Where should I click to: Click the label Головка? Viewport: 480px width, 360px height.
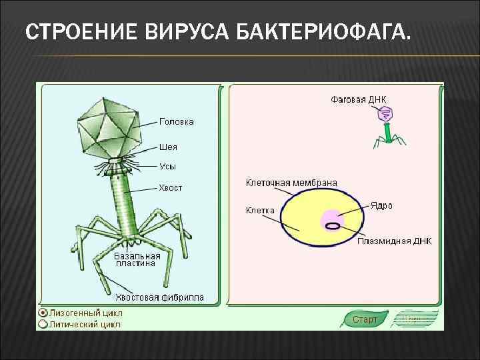[177, 122]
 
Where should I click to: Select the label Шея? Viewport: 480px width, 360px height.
[168, 147]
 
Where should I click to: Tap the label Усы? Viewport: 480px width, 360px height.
[167, 166]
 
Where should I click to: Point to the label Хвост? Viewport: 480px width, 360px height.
[170, 188]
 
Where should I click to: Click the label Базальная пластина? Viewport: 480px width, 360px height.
[137, 259]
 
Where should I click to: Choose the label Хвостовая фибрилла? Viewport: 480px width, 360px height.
[160, 297]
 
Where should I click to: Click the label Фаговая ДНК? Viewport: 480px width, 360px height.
[359, 99]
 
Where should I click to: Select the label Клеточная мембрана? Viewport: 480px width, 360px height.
[291, 183]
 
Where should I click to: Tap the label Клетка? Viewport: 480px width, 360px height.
[260, 210]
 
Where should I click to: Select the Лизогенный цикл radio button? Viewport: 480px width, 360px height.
[43, 313]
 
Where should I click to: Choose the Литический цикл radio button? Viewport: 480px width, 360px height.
[43, 325]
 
